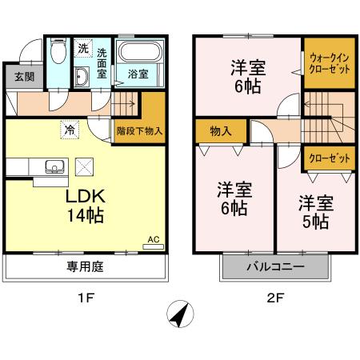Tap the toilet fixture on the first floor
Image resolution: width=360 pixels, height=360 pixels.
[x=58, y=54]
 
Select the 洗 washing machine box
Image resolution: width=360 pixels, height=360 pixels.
[x=83, y=49]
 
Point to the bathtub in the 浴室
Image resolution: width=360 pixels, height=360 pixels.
[x=141, y=54]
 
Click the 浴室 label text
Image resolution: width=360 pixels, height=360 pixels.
[x=138, y=74]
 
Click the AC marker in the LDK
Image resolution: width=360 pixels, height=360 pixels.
[x=154, y=238]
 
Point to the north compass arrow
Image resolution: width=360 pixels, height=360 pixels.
[x=180, y=315]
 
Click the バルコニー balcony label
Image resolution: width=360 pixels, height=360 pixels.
[x=274, y=266]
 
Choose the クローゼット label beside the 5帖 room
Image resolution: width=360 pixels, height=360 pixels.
[x=329, y=158]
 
